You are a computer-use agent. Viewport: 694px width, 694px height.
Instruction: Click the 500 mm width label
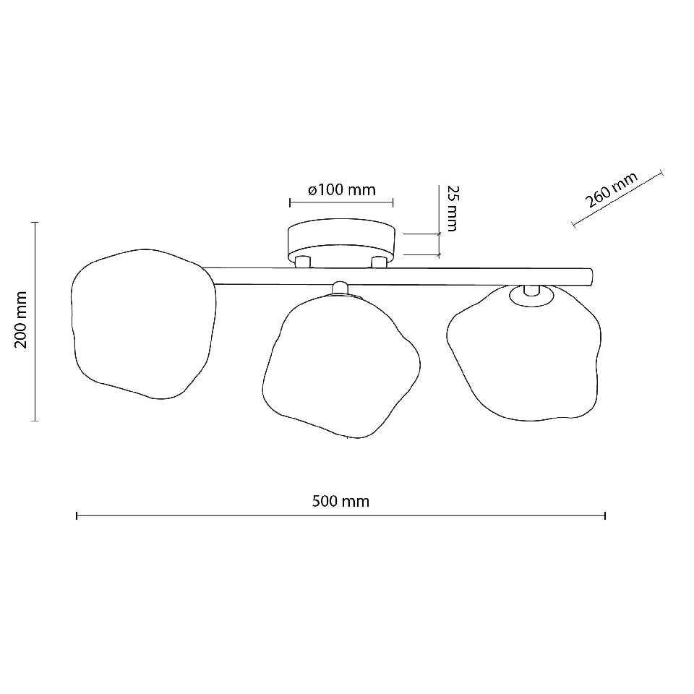pyautogui.click(x=340, y=501)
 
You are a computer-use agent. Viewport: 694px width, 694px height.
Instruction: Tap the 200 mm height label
pyautogui.click(x=21, y=320)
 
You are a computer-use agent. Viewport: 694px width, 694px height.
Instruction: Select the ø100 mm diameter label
pyautogui.click(x=342, y=189)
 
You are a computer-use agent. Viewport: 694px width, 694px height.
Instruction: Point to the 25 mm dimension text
pyautogui.click(x=453, y=208)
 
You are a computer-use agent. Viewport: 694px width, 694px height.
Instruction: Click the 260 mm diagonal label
pyautogui.click(x=612, y=190)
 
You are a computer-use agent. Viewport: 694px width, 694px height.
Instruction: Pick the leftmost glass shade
pyautogui.click(x=144, y=324)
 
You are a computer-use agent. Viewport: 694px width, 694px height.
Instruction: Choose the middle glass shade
pyautogui.click(x=341, y=367)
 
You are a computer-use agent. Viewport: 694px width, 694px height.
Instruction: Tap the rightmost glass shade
pyautogui.click(x=524, y=353)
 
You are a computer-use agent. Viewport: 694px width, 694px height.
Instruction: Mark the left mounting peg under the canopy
pyautogui.click(x=303, y=262)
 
